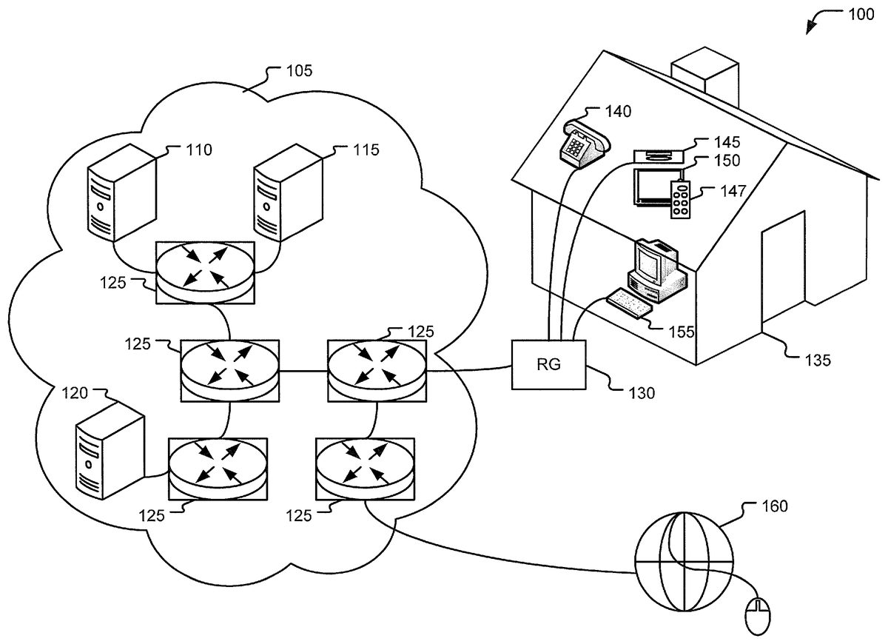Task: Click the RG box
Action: coord(549,364)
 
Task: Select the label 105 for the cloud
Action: coord(299,71)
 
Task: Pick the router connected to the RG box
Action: coord(377,370)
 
